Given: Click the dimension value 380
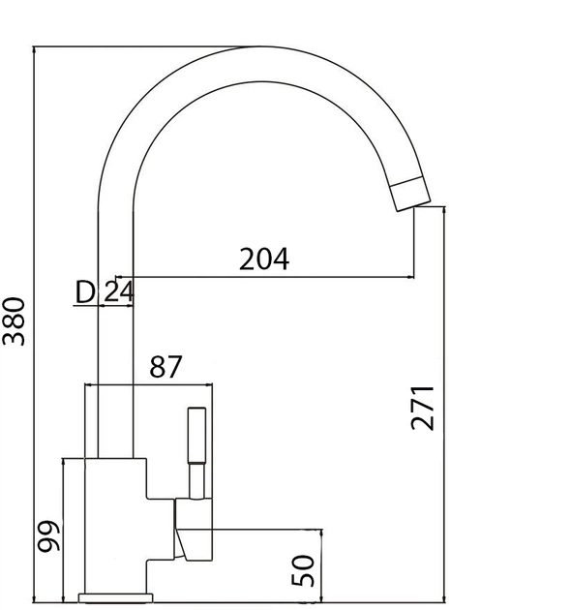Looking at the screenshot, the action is [14, 321].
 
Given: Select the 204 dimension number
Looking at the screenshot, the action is [264, 259].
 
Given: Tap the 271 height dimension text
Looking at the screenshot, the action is [422, 408].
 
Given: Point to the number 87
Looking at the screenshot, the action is [165, 366].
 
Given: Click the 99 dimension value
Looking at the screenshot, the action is [49, 535].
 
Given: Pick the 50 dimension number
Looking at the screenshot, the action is [303, 570].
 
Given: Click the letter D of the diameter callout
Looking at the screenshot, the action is [85, 291].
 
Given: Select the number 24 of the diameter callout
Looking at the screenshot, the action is [119, 291].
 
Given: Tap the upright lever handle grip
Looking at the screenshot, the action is [196, 435].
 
